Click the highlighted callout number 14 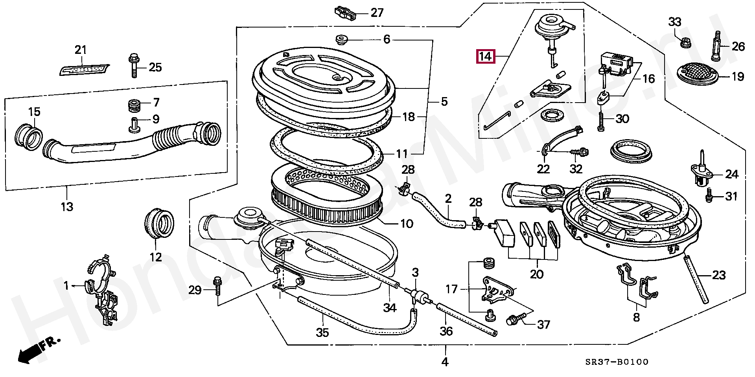[x=485, y=57]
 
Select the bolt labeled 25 [x=133, y=66]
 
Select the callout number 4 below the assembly [x=445, y=361]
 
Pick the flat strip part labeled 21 [x=84, y=70]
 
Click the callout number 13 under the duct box [x=67, y=206]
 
